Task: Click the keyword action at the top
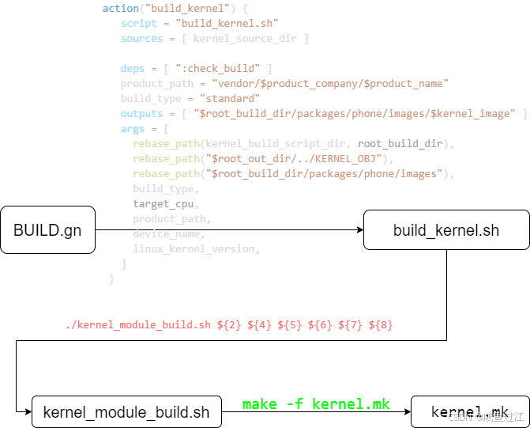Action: click(x=120, y=9)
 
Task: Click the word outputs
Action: click(x=141, y=114)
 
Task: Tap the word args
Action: click(x=133, y=129)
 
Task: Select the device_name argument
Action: click(x=168, y=234)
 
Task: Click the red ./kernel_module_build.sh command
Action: click(x=138, y=325)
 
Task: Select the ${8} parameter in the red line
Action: click(x=381, y=325)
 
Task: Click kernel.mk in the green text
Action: click(x=351, y=404)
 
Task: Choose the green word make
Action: click(x=259, y=404)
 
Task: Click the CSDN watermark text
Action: click(x=459, y=417)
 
